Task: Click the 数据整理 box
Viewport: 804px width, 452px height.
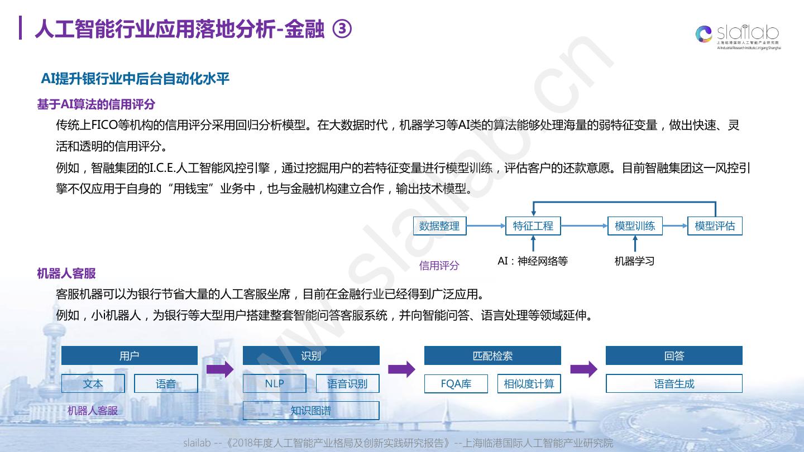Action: pos(439,226)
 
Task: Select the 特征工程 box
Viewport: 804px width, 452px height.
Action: pos(533,226)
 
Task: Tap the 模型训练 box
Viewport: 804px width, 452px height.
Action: pos(635,226)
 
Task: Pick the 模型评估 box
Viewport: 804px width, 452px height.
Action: pos(715,226)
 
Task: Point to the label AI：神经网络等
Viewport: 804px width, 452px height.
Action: pos(532,261)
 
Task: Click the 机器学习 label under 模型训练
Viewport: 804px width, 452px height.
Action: pos(634,261)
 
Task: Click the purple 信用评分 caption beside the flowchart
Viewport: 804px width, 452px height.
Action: pos(439,266)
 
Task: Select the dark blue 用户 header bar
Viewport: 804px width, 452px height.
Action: pos(129,356)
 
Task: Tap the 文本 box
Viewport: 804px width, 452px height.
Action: pos(93,383)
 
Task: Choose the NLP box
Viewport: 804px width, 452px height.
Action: pos(274,383)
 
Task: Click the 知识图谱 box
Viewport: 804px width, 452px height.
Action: pos(310,411)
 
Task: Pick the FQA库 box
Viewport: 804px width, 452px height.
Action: pos(456,384)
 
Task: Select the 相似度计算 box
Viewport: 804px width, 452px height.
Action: pos(529,384)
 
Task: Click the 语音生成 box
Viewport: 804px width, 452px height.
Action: pos(674,384)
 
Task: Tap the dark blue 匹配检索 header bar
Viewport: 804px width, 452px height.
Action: pos(492,356)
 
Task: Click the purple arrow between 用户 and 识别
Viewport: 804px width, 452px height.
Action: pos(220,369)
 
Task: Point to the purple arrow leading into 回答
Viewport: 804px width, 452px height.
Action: pos(583,369)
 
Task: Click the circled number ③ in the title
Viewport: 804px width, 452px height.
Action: pos(342,29)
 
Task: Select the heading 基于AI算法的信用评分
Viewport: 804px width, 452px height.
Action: pos(96,104)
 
